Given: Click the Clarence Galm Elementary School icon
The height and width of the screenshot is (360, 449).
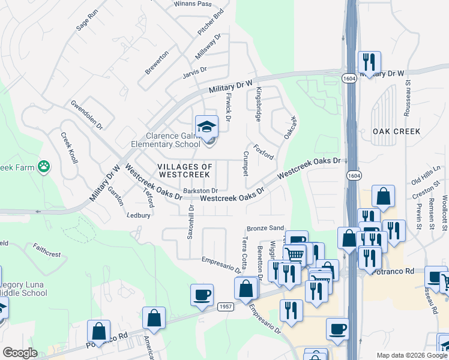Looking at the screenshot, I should click(206, 127).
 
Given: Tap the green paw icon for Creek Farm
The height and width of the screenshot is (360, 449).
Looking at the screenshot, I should click(43, 166).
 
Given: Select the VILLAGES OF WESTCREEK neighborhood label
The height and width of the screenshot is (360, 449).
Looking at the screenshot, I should click(185, 170).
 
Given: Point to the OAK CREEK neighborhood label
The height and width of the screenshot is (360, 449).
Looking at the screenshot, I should click(396, 131).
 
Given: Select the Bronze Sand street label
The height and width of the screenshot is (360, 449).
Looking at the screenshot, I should click(265, 229).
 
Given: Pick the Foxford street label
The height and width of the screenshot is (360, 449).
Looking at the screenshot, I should click(264, 152).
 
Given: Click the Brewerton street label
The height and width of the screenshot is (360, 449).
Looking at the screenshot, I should click(157, 62).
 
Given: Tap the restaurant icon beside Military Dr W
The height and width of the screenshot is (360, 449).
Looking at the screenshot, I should click(367, 62).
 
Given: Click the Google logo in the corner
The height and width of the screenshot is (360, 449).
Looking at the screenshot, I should click(20, 353).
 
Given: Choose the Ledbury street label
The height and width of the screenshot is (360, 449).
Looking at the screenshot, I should click(139, 214).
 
